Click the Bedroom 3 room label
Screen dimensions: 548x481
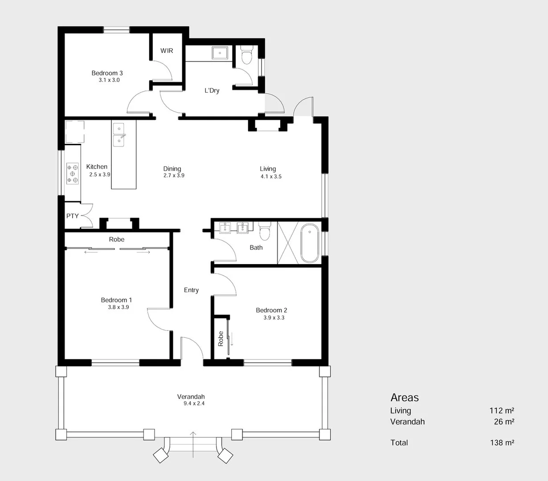click(107, 73)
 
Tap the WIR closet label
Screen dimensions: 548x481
click(167, 51)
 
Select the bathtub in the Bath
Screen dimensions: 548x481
click(310, 244)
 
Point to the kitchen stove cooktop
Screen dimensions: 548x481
click(73, 173)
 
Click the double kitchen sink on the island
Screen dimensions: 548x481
click(119, 135)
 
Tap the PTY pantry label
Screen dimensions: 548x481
click(73, 216)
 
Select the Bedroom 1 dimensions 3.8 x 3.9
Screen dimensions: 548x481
click(118, 307)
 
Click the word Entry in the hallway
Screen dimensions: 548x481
click(191, 290)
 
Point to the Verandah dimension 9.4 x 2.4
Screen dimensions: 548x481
click(194, 404)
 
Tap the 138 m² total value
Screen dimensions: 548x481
click(502, 443)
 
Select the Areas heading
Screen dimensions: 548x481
click(405, 398)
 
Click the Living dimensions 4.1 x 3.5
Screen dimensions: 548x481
click(271, 176)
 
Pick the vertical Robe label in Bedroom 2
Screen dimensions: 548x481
click(221, 338)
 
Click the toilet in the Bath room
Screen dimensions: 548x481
click(265, 232)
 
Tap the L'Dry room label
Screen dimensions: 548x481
click(212, 90)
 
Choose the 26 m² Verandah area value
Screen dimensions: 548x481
click(504, 422)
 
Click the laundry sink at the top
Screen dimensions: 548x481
click(220, 53)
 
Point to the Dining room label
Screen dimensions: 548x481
click(172, 169)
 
